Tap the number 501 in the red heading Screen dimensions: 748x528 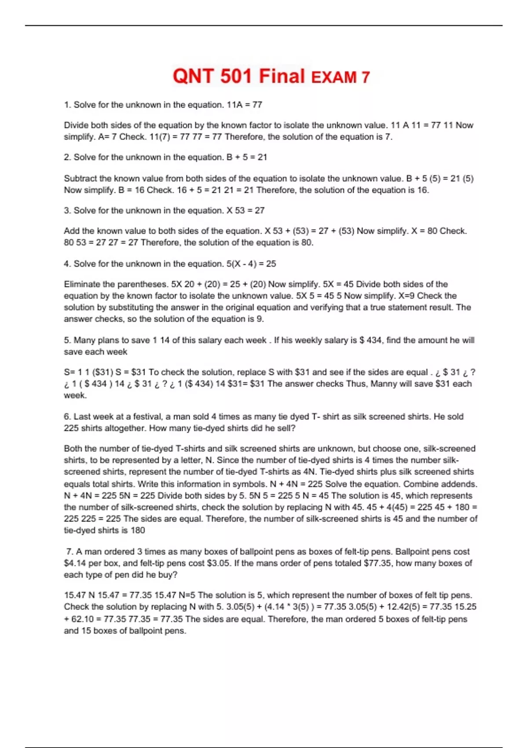point(235,76)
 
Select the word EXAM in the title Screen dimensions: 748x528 point(334,78)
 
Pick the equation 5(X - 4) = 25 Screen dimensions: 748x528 point(251,264)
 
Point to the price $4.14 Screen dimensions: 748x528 point(75,563)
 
